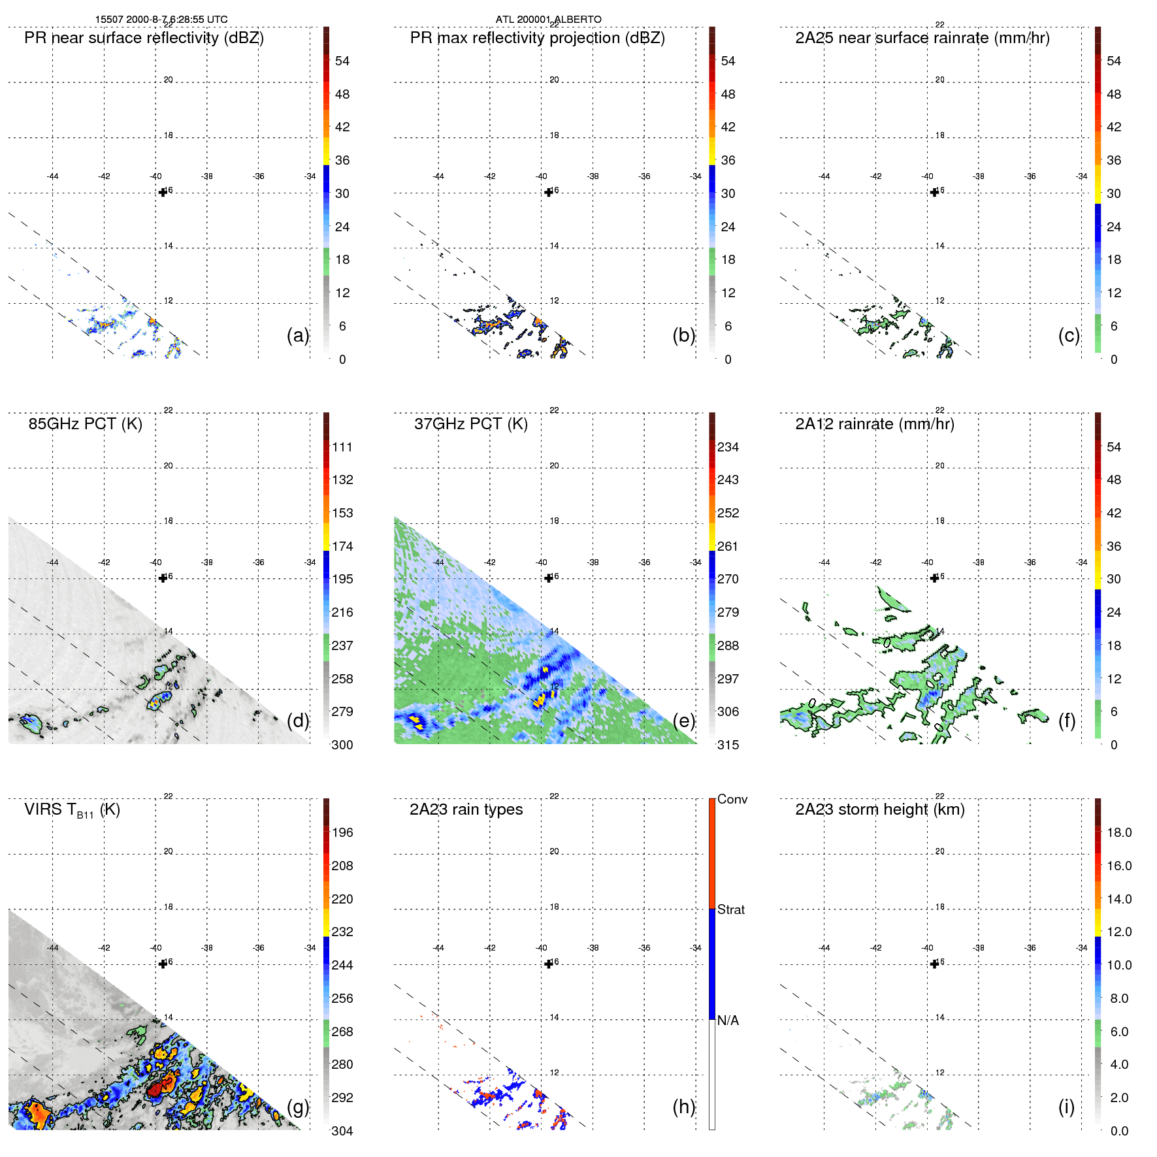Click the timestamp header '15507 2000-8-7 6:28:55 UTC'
click(x=161, y=20)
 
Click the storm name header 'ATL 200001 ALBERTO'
click(x=548, y=20)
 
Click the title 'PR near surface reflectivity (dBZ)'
click(x=144, y=38)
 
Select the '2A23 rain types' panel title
click(x=466, y=809)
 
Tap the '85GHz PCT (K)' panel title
click(x=85, y=424)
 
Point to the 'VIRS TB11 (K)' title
click(x=72, y=810)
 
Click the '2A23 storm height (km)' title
click(x=879, y=809)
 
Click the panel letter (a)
click(x=297, y=335)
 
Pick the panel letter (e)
click(x=683, y=721)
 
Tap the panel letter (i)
click(x=1066, y=1107)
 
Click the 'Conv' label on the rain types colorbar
click(x=732, y=800)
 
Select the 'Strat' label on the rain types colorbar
click(x=730, y=910)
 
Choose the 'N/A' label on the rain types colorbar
click(x=728, y=1020)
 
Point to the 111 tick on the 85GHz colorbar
click(x=342, y=448)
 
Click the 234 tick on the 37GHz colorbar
click(x=728, y=448)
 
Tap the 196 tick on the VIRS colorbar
click(x=342, y=833)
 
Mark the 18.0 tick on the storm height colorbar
click(x=1118, y=833)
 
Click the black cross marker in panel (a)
click(x=163, y=192)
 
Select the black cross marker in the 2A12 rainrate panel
click(x=934, y=578)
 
